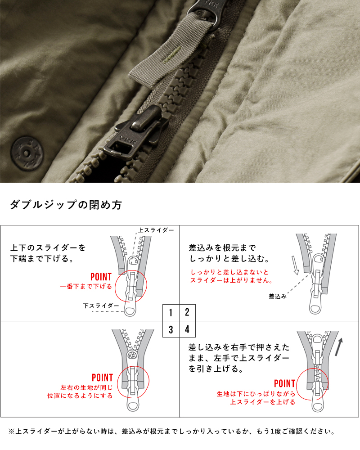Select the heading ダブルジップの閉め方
66,205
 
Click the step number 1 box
171,313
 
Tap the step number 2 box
187,313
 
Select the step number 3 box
171,329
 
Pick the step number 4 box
187,329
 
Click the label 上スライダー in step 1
156,230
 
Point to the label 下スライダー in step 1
101,306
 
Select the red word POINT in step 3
102,378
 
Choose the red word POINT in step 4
284,383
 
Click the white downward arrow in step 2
295,265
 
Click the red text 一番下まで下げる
85,286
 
